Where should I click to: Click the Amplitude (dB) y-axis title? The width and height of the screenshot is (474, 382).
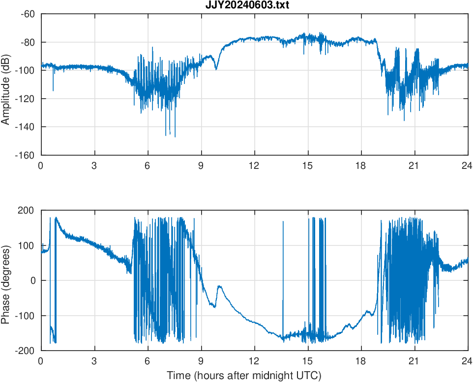[6, 84]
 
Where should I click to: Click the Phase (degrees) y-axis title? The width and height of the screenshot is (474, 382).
[6, 280]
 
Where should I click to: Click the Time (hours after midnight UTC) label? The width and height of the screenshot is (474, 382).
[244, 376]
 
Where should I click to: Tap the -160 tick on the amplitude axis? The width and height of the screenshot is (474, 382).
[27, 155]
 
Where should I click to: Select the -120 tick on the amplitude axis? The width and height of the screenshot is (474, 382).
[27, 99]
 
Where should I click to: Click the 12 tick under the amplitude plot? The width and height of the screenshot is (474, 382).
[255, 165]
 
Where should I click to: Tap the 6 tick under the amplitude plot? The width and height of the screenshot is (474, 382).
[148, 165]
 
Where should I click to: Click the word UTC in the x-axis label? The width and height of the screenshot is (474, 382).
[308, 376]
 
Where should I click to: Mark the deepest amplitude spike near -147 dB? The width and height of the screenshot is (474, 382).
[175, 136]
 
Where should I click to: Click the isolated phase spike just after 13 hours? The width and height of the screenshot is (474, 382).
[283, 222]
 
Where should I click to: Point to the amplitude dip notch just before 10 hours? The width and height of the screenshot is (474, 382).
[216, 69]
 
